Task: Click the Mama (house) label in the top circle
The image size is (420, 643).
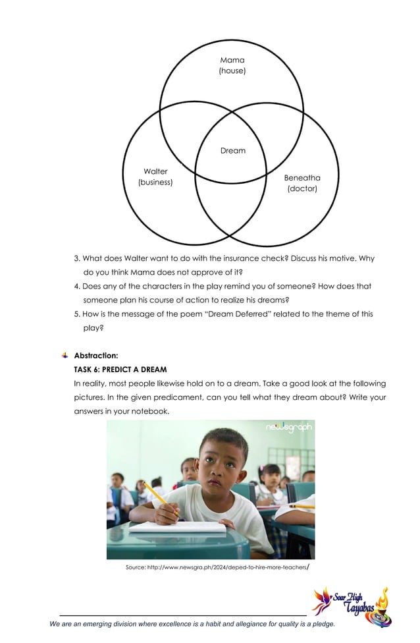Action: tap(232, 65)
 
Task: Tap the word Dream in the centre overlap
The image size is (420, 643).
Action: tap(232, 151)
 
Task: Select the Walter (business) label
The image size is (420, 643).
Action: tap(155, 177)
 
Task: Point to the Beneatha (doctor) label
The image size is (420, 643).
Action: tap(302, 183)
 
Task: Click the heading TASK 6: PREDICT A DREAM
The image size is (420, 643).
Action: tap(120, 369)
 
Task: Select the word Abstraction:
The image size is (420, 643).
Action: tap(96, 356)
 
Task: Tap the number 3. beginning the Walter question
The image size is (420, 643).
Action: tap(77, 258)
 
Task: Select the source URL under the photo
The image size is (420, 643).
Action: tap(217, 567)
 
